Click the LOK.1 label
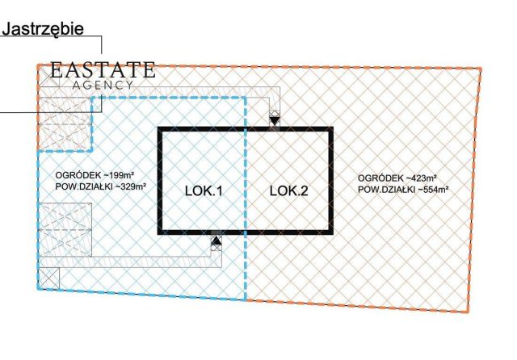204,191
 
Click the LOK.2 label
288,191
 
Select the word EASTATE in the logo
103,69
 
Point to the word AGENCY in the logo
103,84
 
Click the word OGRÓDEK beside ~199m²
74,175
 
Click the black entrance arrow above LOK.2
275,120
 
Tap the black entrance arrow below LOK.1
216,240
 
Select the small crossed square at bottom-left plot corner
49,277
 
